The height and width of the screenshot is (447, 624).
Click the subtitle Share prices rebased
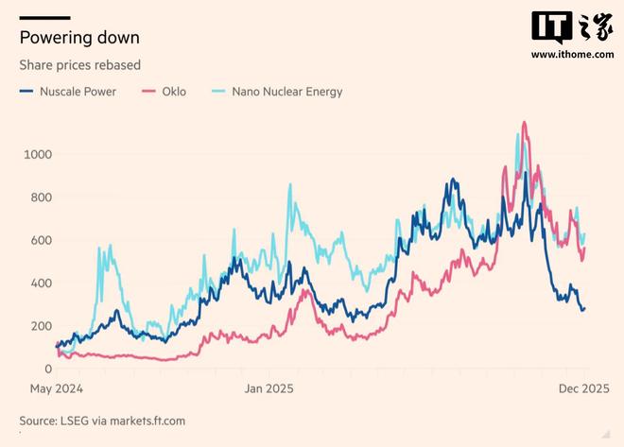[79, 65]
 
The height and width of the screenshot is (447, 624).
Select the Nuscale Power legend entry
[75, 92]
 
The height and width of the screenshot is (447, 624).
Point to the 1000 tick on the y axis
[39, 154]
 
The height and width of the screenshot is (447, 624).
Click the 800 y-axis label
[42, 198]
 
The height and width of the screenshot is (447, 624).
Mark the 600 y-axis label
[42, 240]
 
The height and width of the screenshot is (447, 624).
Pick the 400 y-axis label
[42, 284]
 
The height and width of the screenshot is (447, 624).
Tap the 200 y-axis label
[42, 326]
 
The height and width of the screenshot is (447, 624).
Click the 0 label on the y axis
[48, 369]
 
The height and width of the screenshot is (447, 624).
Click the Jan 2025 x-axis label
[269, 388]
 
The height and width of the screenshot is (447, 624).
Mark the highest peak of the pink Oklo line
[524, 122]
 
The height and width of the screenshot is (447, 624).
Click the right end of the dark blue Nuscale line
[583, 309]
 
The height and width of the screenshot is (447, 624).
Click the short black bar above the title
[44, 17]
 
